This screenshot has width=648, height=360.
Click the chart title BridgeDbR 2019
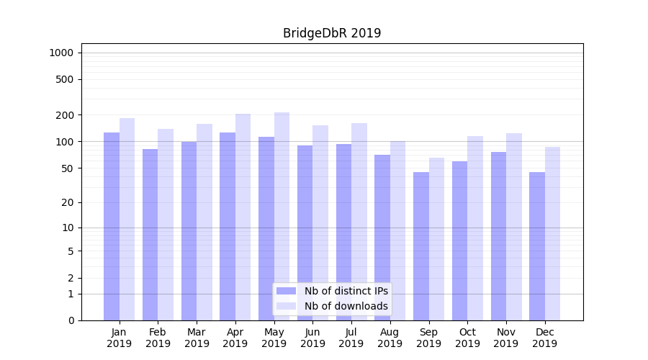(332, 33)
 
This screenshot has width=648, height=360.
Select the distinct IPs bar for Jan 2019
(112, 226)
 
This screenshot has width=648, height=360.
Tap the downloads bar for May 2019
(282, 216)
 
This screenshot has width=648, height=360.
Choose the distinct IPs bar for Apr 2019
(228, 226)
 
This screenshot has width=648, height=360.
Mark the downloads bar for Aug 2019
(398, 230)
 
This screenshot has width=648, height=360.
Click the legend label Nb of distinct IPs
(346, 291)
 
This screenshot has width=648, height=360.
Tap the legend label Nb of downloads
(346, 306)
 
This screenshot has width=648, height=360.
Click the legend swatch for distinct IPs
(287, 291)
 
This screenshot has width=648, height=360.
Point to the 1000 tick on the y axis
(61, 53)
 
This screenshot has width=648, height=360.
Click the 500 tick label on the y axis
(65, 79)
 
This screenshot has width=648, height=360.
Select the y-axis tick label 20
(68, 202)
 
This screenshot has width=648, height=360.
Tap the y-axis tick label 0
(71, 320)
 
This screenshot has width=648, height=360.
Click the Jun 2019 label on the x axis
(312, 338)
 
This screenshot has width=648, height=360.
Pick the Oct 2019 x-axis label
(467, 338)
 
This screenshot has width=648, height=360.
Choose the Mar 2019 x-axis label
(197, 338)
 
